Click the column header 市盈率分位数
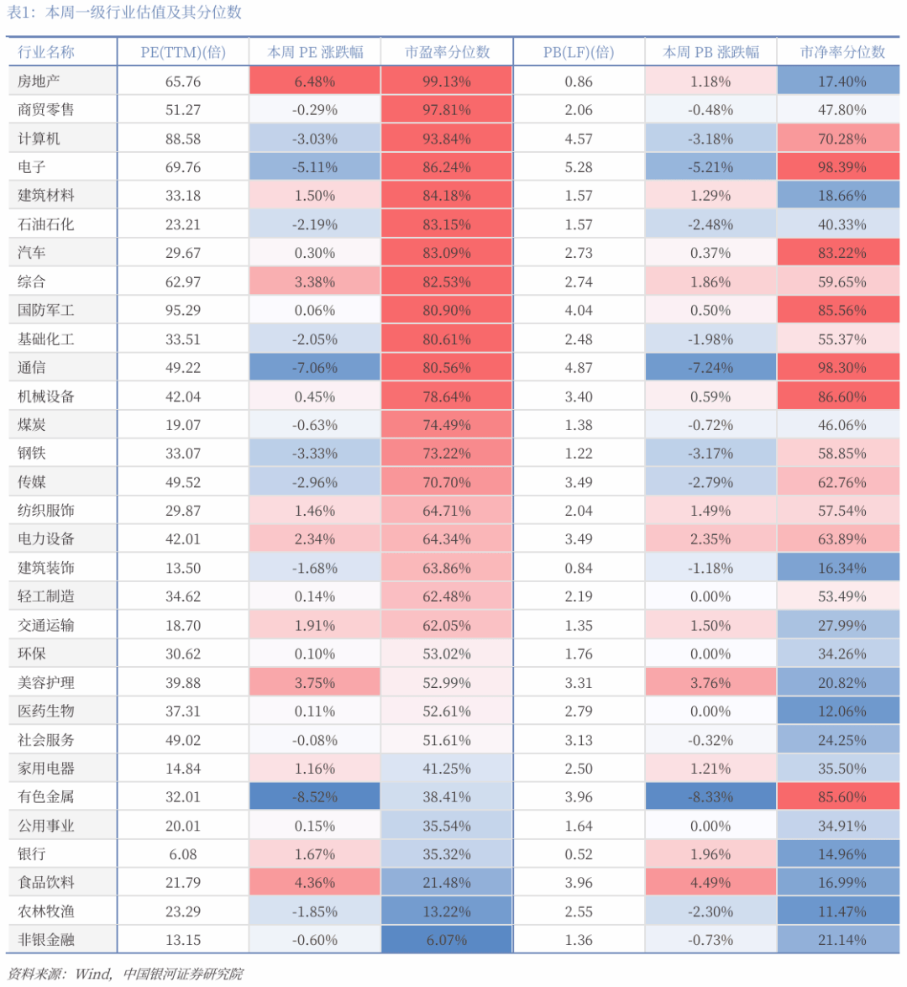(x=447, y=52)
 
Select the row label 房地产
(x=39, y=81)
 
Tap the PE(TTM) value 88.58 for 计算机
(x=183, y=139)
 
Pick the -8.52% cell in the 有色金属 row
(x=315, y=797)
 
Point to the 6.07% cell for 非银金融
(x=447, y=940)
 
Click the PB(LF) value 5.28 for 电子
(x=579, y=167)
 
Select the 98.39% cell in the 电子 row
(x=841, y=167)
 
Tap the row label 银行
(x=32, y=854)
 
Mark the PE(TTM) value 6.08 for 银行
(x=183, y=854)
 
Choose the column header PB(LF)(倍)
(x=579, y=52)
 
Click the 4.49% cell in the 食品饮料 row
(x=710, y=883)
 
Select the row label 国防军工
(x=46, y=310)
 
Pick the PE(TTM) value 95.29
(x=183, y=310)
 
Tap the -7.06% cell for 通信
(x=315, y=368)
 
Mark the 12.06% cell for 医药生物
(x=841, y=711)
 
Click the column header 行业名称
(x=46, y=52)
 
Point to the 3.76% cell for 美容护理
(x=710, y=683)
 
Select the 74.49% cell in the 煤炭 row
(x=447, y=425)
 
